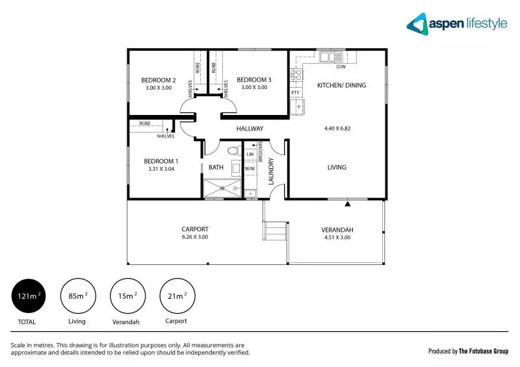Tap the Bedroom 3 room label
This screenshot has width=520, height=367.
click(253, 80)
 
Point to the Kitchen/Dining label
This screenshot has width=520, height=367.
click(341, 85)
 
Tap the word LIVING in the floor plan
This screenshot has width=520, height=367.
click(337, 167)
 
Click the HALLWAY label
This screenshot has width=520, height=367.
click(250, 129)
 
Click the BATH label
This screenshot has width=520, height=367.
click(216, 167)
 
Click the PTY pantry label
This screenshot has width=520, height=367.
click(295, 93)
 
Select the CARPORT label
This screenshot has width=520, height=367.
click(195, 229)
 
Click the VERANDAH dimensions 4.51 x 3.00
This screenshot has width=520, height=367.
click(336, 238)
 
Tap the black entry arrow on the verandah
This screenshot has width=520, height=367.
click(348, 203)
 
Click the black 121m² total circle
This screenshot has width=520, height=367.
click(27, 296)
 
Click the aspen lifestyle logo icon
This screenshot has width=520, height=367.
click(417, 24)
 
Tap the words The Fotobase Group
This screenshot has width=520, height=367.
click(482, 351)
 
